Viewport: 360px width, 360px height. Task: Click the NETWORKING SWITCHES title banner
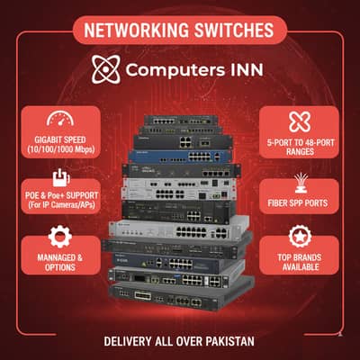click(179, 30)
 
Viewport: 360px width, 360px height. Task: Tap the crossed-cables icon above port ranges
click(296, 121)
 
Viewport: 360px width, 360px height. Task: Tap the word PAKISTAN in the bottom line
click(228, 342)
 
